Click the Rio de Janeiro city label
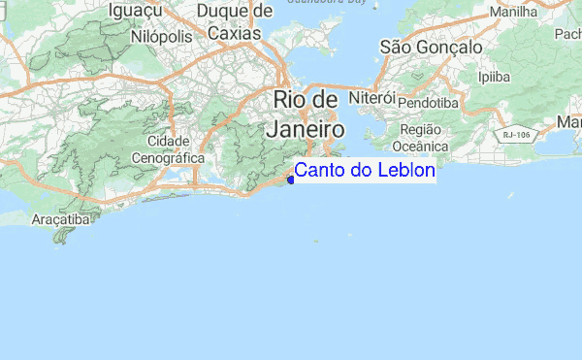click(x=307, y=114)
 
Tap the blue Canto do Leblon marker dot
click(x=290, y=180)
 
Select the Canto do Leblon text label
click(x=365, y=171)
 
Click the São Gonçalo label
click(x=431, y=47)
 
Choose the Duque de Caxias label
click(x=235, y=22)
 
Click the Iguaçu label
click(x=134, y=11)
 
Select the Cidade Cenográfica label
click(x=168, y=148)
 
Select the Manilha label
click(x=515, y=13)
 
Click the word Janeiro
click(x=306, y=128)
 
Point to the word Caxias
click(x=234, y=33)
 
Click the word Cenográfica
click(x=168, y=156)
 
